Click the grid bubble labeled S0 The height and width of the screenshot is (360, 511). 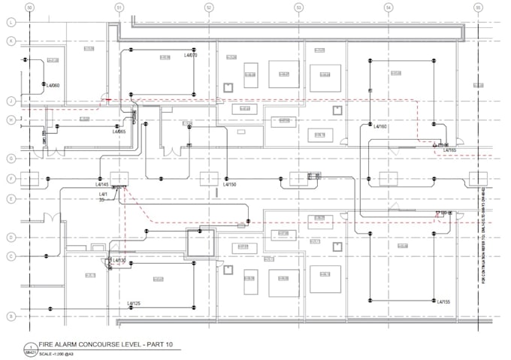(29, 8)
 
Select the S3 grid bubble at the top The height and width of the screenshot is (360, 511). (298, 8)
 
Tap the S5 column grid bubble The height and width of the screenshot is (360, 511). (477, 8)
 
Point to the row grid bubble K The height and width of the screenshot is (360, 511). (11, 41)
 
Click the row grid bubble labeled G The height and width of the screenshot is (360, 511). (11, 158)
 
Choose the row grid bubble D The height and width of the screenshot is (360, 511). (11, 237)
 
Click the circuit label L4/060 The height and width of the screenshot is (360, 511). (53, 86)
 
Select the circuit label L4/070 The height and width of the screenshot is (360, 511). (191, 55)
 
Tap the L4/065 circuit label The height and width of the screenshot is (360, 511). (119, 132)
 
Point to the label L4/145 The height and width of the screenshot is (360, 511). (102, 184)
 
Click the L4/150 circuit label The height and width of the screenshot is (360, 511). (230, 184)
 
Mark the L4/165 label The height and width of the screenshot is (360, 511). (449, 150)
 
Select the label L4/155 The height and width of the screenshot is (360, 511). (443, 301)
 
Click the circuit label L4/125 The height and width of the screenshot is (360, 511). (135, 303)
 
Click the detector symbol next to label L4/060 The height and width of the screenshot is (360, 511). (44, 84)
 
